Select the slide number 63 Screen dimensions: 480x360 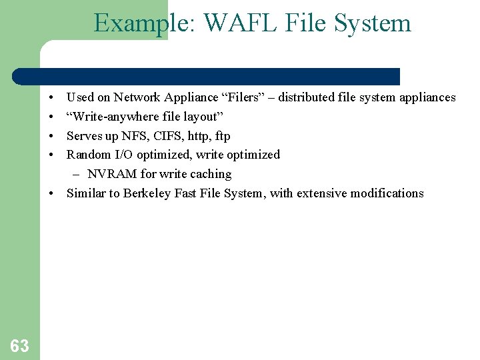19,345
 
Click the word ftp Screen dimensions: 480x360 222,136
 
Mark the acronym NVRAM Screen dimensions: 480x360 112,174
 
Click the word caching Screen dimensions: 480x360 211,174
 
